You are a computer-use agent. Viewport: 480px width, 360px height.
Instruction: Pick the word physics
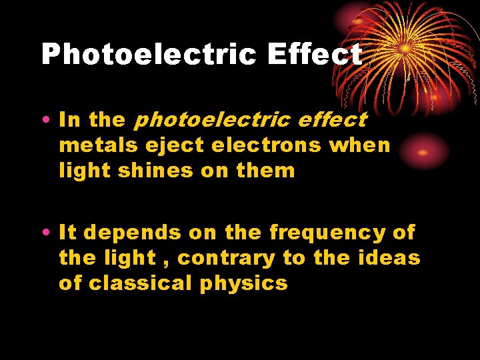coord(243,284)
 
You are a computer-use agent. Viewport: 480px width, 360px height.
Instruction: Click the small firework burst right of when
coord(422,151)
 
